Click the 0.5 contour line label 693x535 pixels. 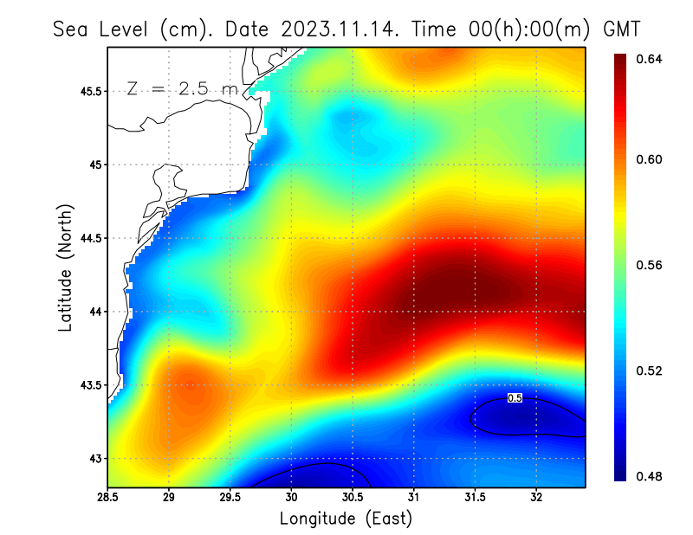(515, 398)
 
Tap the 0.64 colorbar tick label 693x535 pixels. (650, 59)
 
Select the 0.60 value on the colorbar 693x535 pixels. (650, 159)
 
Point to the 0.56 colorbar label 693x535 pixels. (650, 265)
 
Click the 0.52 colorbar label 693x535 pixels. (650, 371)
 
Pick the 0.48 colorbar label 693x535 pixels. (650, 476)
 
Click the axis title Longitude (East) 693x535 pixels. (346, 519)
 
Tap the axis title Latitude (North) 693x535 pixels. (66, 267)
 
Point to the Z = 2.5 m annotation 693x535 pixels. (182, 88)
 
